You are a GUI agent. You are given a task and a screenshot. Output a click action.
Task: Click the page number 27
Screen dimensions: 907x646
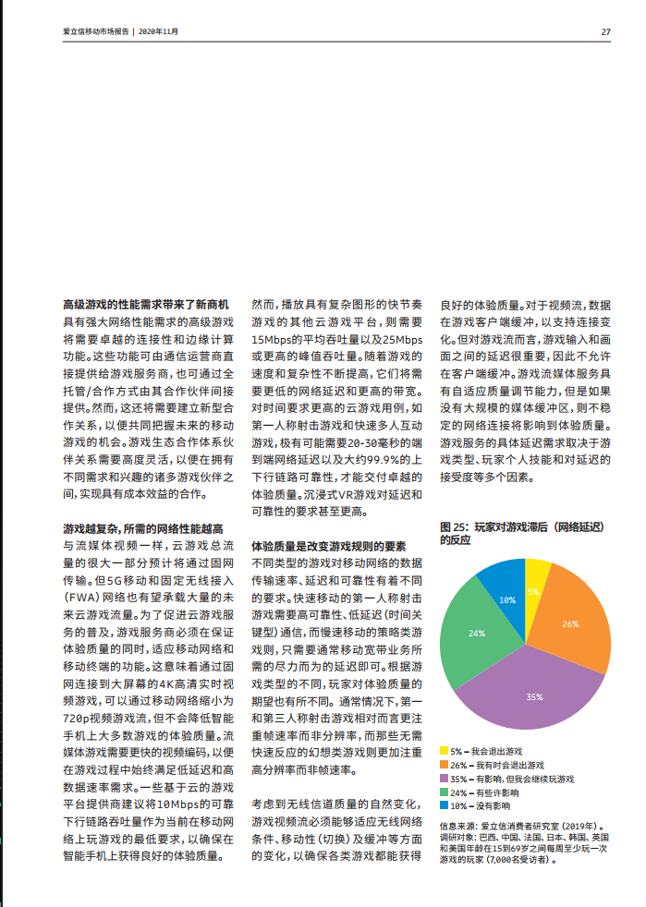tap(605, 31)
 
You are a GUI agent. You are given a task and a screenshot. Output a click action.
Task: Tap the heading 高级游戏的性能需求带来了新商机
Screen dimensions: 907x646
tap(145, 304)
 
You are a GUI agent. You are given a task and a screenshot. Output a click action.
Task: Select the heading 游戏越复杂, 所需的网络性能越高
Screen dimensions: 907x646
tap(142, 529)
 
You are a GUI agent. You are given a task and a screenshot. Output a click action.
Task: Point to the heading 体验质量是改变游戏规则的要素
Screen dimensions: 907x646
tap(329, 546)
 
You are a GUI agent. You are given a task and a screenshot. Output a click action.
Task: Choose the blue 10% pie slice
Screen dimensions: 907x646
tap(506, 596)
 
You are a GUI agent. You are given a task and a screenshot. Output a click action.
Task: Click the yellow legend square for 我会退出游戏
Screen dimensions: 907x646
tap(444, 753)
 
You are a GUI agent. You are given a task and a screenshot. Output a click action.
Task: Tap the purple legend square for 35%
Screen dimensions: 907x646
tap(444, 780)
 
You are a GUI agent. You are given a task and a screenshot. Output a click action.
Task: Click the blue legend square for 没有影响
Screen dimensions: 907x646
tap(444, 805)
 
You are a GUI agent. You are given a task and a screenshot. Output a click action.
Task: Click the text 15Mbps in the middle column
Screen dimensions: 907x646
tap(272, 340)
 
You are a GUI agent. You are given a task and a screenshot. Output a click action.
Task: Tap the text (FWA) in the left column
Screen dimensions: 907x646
tap(80, 597)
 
